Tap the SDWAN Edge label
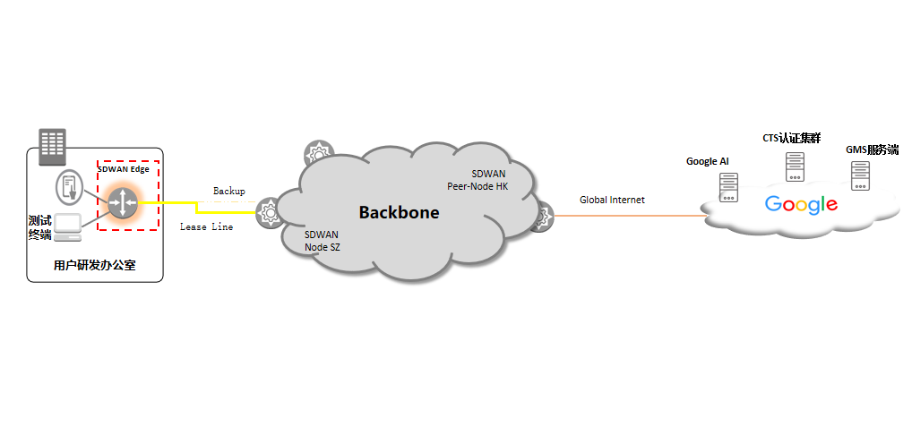pyautogui.click(x=124, y=168)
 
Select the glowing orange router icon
pyautogui.click(x=121, y=202)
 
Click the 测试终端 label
pyautogui.click(x=39, y=227)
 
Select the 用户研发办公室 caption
pyautogui.click(x=94, y=266)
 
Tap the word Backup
pyautogui.click(x=228, y=192)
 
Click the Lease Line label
pyautogui.click(x=206, y=227)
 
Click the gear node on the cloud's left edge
pyautogui.click(x=268, y=212)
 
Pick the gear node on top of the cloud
pyautogui.click(x=317, y=154)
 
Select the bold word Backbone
pyautogui.click(x=399, y=212)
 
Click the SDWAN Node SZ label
pyautogui.click(x=323, y=239)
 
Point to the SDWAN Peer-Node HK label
pyautogui.click(x=477, y=180)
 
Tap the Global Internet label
pyautogui.click(x=612, y=200)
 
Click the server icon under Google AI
pyautogui.click(x=728, y=187)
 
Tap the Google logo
pyautogui.click(x=801, y=205)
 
